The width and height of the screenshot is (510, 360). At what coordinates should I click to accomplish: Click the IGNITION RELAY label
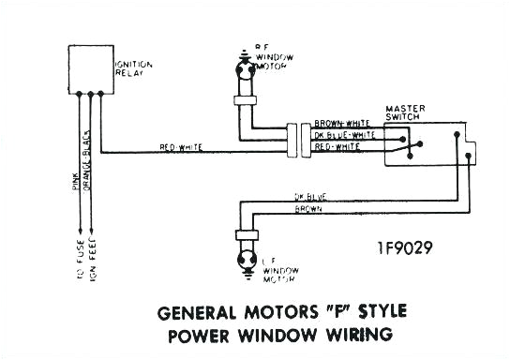[133, 70]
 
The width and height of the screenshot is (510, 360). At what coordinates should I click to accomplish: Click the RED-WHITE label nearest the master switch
[338, 148]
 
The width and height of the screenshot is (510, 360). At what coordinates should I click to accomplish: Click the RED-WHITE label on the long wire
[181, 149]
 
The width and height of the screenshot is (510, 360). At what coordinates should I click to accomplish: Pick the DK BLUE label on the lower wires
[311, 198]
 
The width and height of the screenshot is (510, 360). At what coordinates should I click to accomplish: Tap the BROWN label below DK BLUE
[308, 209]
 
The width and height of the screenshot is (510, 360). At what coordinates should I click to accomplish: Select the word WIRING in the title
[357, 335]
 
